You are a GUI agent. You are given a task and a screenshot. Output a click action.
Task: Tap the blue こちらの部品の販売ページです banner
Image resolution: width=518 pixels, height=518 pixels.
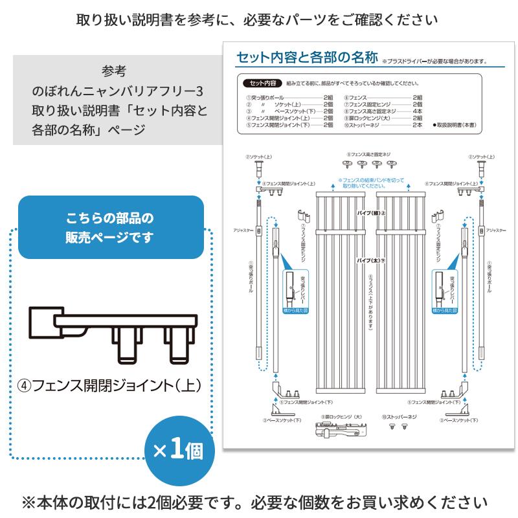(x=111, y=227)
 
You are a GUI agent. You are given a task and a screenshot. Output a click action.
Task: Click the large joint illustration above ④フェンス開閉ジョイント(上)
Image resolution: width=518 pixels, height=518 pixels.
(x=117, y=334)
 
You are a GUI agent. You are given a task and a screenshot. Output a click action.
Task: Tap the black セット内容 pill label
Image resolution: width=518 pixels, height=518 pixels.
(x=260, y=84)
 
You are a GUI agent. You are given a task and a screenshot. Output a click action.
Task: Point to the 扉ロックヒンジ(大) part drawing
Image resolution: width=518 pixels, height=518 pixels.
(x=341, y=429)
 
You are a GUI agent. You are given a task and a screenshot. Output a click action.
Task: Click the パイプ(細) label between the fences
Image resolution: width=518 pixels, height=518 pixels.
(x=371, y=212)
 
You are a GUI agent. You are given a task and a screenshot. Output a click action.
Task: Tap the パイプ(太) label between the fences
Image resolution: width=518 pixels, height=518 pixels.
(x=371, y=260)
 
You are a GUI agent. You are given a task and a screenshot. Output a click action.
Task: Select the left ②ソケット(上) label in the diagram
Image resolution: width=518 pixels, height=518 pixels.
(x=258, y=157)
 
